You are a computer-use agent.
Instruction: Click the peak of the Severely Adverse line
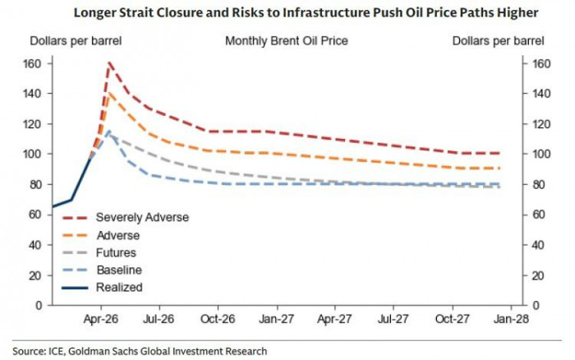[x=109, y=62]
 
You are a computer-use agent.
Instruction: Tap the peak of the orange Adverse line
[x=109, y=92]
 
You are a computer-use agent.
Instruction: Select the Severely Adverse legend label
[x=142, y=217]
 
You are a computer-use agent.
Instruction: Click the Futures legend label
[x=116, y=252]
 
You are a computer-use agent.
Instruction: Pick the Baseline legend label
[x=118, y=270]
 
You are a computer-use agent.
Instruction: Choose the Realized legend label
[x=119, y=287]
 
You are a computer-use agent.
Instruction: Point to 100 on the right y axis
[x=531, y=155]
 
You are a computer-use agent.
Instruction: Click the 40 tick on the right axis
[x=529, y=245]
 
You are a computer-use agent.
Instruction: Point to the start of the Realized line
[x=53, y=206]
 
